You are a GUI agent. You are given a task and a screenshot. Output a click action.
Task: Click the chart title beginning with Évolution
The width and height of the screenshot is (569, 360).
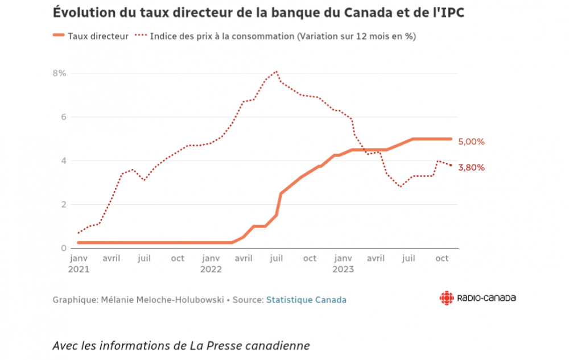259,12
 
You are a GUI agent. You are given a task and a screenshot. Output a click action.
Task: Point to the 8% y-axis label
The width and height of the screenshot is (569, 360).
60,73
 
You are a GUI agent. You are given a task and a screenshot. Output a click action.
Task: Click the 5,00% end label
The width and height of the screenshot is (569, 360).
471,142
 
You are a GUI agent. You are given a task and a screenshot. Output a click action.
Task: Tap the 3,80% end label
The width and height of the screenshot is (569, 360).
471,168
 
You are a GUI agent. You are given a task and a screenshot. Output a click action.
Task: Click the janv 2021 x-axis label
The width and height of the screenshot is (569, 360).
79,263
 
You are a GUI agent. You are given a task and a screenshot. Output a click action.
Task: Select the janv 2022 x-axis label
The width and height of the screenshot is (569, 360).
211,263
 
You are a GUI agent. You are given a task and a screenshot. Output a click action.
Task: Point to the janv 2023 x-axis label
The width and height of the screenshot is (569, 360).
343,263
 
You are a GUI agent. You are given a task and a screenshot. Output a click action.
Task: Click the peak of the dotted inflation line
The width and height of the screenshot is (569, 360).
277,71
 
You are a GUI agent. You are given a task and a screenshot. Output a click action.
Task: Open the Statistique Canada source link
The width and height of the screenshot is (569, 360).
306,299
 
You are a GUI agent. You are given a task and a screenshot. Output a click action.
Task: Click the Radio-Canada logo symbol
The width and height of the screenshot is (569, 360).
447,298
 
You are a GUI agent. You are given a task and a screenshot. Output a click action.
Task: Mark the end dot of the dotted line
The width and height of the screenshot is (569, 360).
451,165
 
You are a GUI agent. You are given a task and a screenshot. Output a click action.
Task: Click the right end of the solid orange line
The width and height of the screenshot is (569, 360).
451,139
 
